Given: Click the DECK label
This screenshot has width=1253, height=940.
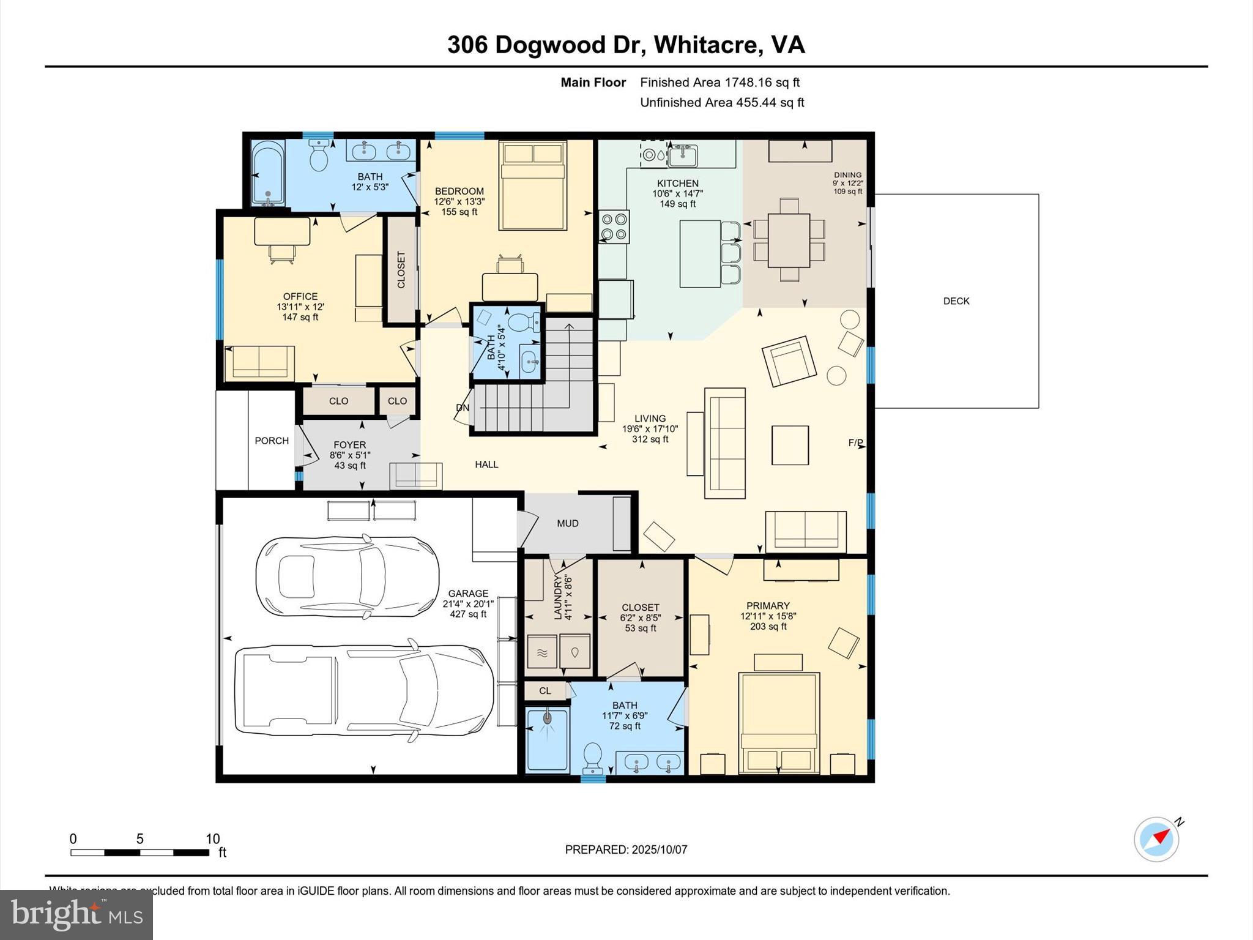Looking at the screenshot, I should click(x=956, y=300).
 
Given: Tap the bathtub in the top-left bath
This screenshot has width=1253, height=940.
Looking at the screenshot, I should click(x=268, y=173).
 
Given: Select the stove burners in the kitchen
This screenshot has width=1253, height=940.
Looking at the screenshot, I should click(x=614, y=226).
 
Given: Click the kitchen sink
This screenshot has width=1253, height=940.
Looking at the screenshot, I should click(x=683, y=156).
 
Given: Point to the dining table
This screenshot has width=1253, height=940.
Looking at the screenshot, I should click(x=789, y=240).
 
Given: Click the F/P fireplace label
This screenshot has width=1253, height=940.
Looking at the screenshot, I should click(x=855, y=442).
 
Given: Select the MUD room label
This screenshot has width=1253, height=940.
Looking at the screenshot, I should click(x=567, y=523).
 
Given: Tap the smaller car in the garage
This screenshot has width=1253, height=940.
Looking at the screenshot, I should click(x=347, y=576).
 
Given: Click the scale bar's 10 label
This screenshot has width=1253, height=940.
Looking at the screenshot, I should click(x=212, y=839).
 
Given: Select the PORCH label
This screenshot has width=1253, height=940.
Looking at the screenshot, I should click(x=272, y=441).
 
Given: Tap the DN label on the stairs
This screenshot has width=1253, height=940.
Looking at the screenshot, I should click(x=463, y=408).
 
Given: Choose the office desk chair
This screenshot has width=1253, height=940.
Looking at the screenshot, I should click(x=281, y=253).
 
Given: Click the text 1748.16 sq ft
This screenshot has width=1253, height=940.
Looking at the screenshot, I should click(x=762, y=82).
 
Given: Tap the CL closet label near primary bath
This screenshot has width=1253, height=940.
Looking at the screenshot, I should click(x=545, y=690).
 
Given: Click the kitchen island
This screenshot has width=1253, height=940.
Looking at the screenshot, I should click(x=700, y=253).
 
